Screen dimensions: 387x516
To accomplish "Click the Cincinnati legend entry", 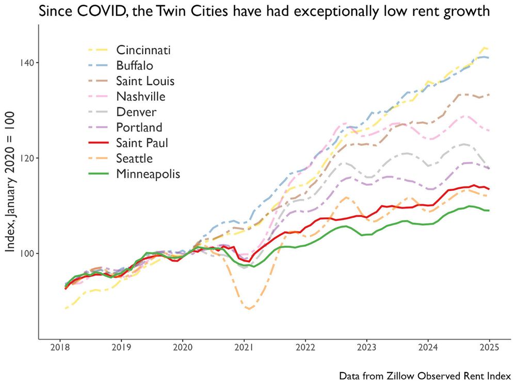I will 143,50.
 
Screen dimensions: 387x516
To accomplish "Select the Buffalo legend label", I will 135,66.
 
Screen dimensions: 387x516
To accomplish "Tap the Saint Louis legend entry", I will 145,81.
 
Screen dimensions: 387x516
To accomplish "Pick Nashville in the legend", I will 140,96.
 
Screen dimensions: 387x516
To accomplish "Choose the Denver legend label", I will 136,112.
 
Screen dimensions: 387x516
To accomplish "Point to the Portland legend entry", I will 139,127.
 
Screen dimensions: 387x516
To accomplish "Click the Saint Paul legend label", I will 142,143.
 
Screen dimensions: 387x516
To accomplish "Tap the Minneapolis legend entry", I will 148,174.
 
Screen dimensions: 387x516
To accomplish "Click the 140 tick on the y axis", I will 27,62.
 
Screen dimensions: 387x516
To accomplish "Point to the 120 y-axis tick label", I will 27,158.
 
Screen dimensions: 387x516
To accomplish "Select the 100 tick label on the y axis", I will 27,253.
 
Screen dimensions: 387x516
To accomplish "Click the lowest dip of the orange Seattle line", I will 249,309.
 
